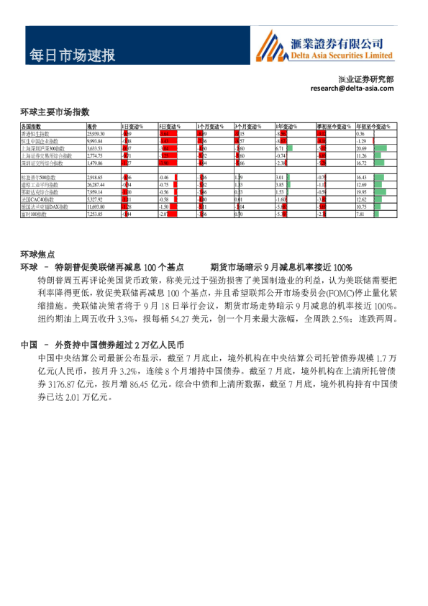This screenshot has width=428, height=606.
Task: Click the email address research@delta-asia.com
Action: [352, 89]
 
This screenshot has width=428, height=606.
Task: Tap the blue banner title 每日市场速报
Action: [71, 55]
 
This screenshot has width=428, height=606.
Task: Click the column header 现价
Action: [92, 127]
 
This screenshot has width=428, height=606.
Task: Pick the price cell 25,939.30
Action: [96, 134]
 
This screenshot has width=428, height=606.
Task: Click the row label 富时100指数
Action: [37, 214]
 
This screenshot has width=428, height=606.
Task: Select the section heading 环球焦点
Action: [37, 254]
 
